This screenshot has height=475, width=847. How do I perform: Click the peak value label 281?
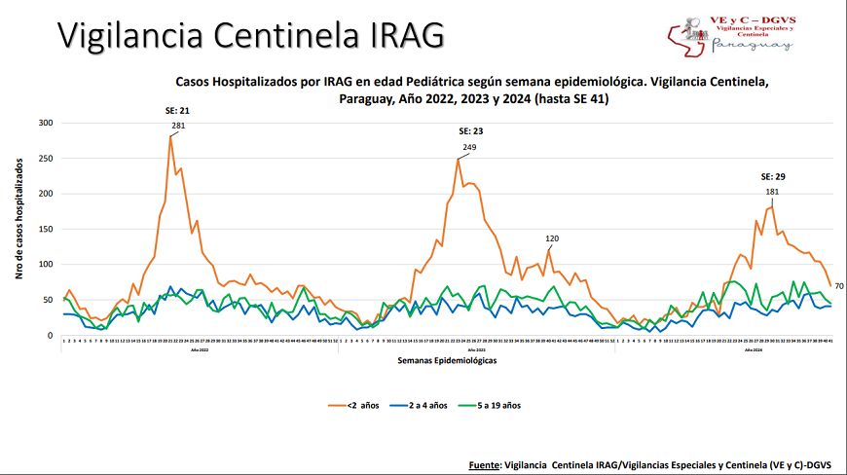tap(178, 127)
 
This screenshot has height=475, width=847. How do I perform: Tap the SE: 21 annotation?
tap(177, 111)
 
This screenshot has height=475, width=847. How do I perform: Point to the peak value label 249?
tap(469, 148)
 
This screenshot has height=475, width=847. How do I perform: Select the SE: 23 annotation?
tap(471, 131)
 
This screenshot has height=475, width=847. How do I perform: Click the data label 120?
tap(552, 238)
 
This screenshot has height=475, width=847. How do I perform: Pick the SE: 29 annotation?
tap(773, 177)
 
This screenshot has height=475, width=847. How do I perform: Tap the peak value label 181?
tap(772, 192)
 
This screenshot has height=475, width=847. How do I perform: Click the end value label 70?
tap(838, 285)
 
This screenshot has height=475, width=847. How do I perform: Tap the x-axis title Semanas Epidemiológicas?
tap(447, 360)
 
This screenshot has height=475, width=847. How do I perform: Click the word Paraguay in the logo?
tap(740, 45)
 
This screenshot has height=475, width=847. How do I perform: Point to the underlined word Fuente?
tap(485, 465)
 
